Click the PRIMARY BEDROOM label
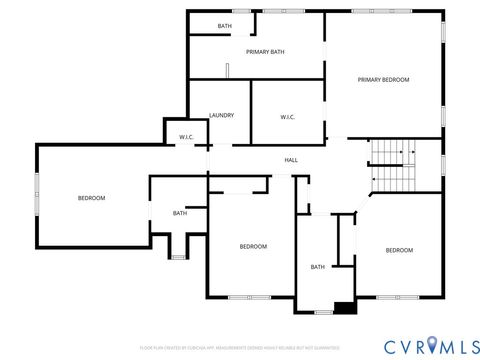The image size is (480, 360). click(x=384, y=79)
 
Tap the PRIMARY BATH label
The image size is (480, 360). click(x=267, y=51)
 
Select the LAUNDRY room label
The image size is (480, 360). click(x=221, y=115)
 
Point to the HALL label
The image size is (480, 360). click(x=291, y=160)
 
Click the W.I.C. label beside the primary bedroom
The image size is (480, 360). click(x=287, y=117)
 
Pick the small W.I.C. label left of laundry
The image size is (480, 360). click(x=186, y=137)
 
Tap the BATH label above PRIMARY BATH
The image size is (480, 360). click(x=225, y=26)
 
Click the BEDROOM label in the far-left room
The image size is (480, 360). click(x=91, y=198)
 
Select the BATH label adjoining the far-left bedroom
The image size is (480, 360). click(x=179, y=213)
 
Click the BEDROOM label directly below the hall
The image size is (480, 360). click(x=253, y=246)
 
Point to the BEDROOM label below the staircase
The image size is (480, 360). click(x=399, y=250)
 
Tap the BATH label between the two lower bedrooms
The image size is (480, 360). click(x=317, y=267)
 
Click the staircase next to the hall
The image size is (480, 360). click(x=393, y=166)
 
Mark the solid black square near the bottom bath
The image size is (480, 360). click(x=344, y=307)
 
